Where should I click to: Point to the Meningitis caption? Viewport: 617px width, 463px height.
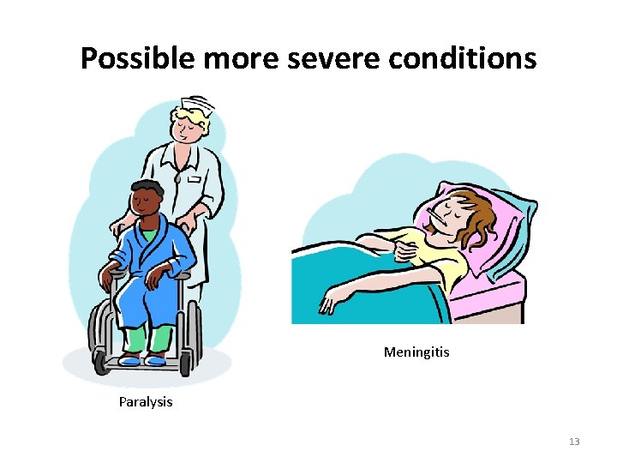point(416,352)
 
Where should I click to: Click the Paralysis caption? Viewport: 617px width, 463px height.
point(146,401)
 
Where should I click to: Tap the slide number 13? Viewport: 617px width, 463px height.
point(573,442)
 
